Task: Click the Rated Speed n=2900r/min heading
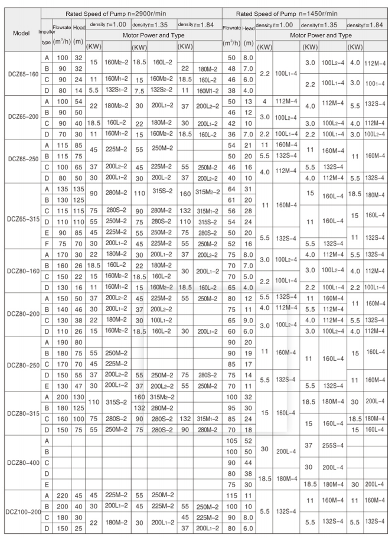(131, 13)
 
